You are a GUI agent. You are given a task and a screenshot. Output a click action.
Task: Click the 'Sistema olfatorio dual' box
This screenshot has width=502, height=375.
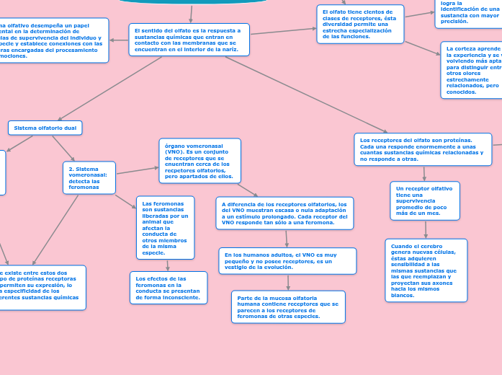[x=45, y=128]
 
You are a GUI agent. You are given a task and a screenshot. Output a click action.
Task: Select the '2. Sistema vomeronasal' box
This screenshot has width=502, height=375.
[x=89, y=177]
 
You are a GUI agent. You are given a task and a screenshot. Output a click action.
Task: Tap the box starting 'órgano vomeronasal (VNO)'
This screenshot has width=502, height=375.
[x=200, y=161]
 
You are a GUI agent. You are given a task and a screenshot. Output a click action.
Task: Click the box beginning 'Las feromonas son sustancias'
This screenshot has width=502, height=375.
[x=165, y=228]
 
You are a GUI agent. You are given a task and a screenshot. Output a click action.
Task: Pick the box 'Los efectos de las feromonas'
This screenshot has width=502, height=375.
[x=169, y=288]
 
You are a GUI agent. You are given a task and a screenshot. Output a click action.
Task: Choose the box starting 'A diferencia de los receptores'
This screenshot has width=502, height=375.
[x=284, y=213]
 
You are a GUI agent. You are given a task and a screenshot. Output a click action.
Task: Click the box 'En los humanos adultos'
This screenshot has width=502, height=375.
[x=287, y=261]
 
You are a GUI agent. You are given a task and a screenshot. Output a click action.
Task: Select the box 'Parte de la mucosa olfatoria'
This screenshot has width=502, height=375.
[x=288, y=307]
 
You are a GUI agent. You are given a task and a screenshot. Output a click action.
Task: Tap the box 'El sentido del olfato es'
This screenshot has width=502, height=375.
[x=189, y=40]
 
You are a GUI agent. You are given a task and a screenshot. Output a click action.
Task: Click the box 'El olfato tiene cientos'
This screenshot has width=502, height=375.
[x=360, y=25]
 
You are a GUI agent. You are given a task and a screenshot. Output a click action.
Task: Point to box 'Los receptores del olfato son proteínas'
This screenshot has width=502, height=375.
[x=423, y=149]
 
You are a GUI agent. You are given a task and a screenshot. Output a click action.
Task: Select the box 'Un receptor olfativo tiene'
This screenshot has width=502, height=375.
[x=425, y=200]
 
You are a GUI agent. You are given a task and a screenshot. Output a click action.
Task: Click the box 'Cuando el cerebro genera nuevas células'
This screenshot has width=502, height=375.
[x=426, y=270]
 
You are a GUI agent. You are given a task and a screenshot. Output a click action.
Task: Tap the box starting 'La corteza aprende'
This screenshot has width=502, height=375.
[x=472, y=70]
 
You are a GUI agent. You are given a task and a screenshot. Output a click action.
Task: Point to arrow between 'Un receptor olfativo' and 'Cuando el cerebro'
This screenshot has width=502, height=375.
[x=426, y=229]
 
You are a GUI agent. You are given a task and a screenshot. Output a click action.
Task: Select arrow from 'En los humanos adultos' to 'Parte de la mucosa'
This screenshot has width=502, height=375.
[x=288, y=283]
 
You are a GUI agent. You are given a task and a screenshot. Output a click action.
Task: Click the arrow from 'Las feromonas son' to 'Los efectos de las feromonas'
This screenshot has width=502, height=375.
[x=167, y=265]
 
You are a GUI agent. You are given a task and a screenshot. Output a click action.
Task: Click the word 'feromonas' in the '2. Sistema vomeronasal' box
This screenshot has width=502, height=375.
[x=84, y=187]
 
